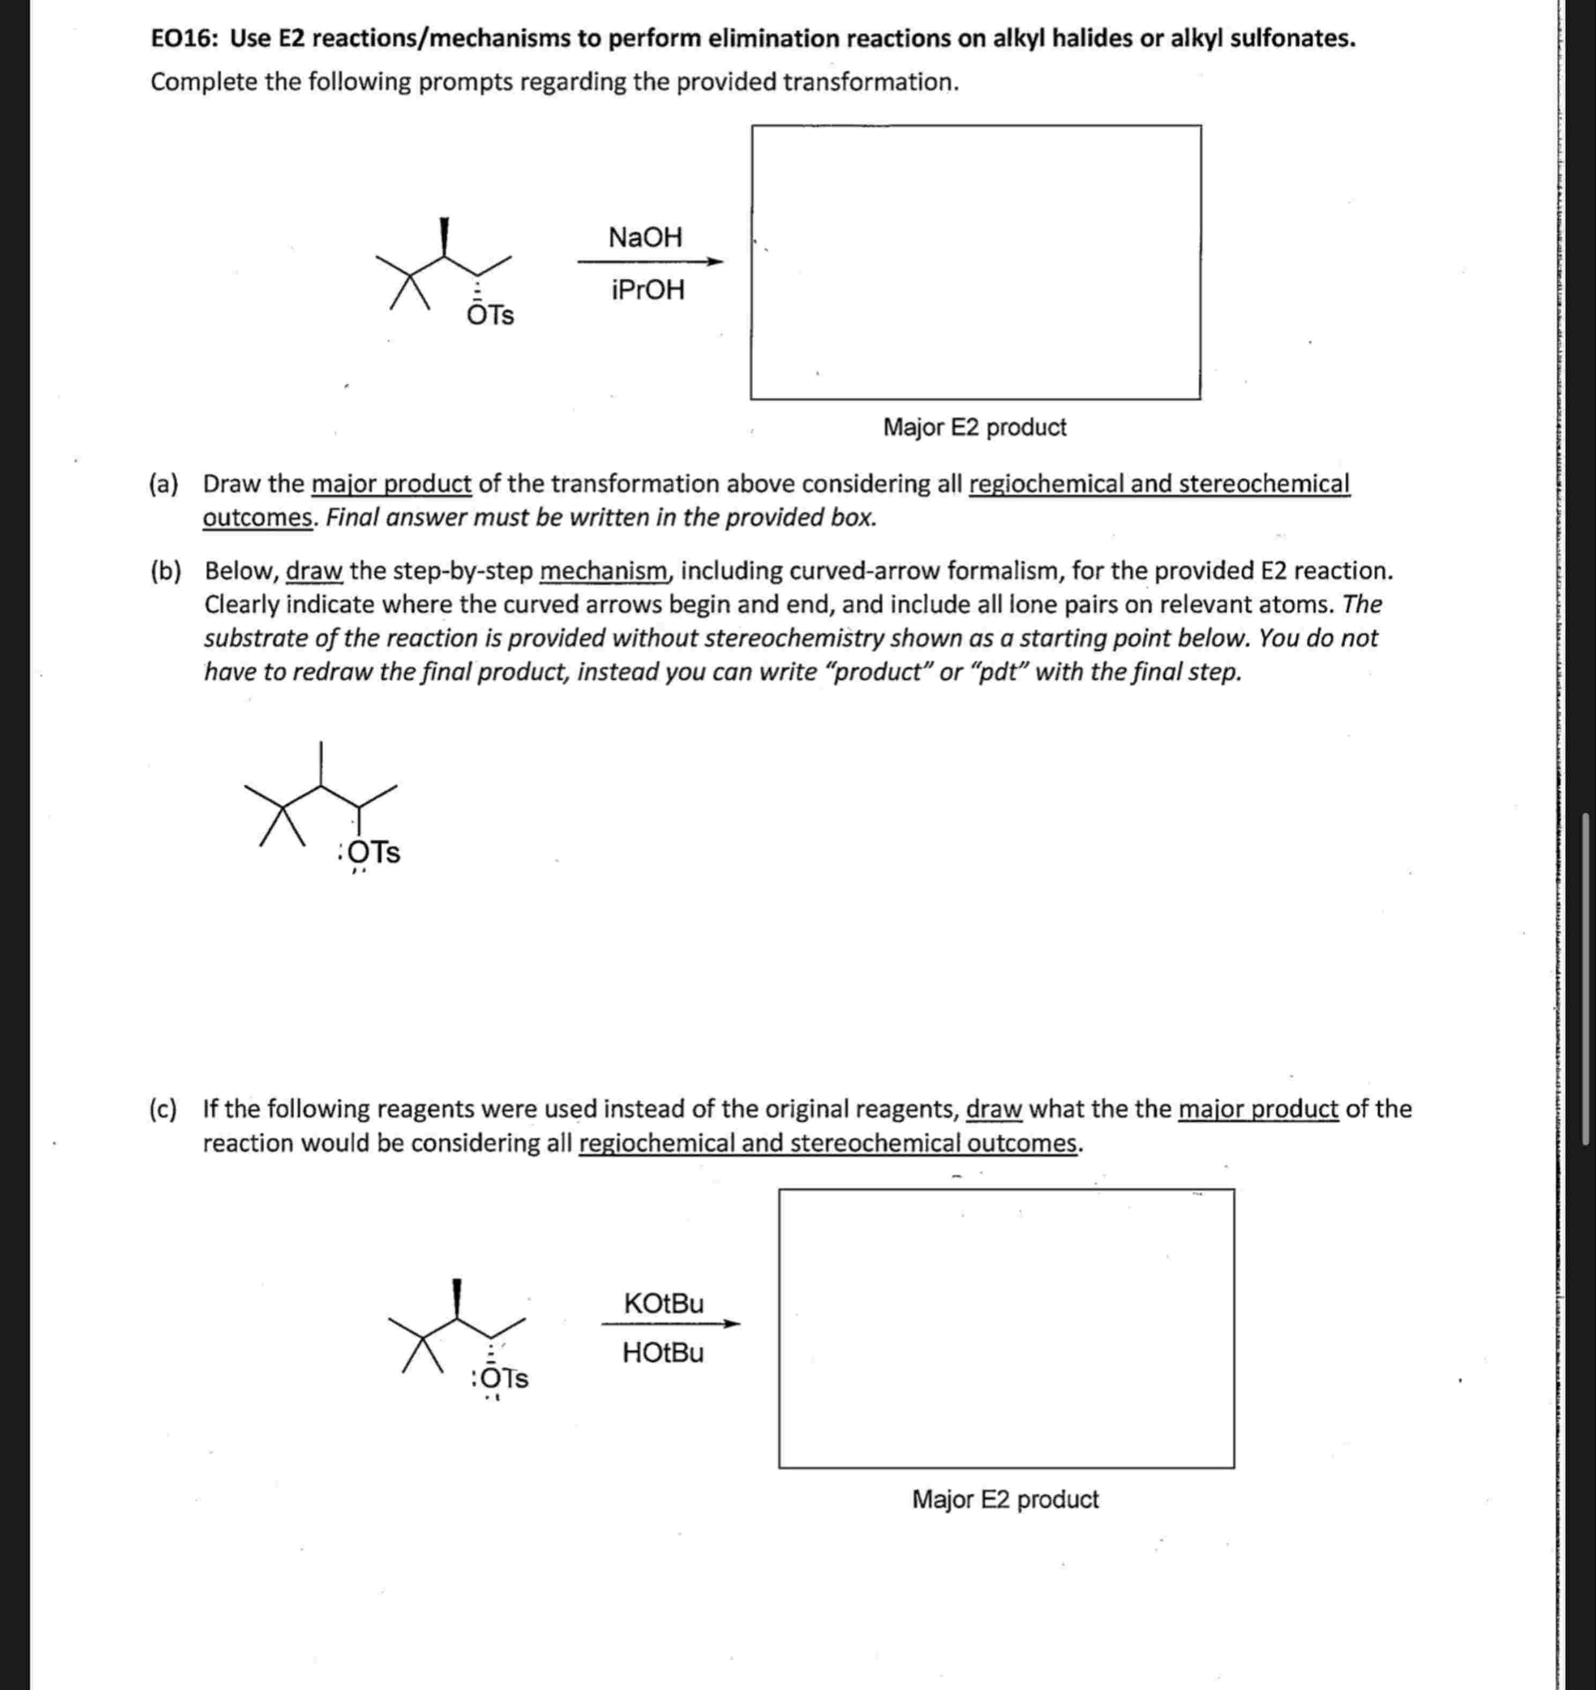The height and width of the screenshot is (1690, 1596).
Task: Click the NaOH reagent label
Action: click(645, 236)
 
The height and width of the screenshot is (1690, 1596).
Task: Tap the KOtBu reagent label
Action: click(664, 1303)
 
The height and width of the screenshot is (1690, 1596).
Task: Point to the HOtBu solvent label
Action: click(663, 1353)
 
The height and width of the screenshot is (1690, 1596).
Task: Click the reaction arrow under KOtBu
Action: click(670, 1323)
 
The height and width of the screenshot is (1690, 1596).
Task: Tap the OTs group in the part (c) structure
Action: click(503, 1378)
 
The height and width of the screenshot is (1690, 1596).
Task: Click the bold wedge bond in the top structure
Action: click(444, 236)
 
